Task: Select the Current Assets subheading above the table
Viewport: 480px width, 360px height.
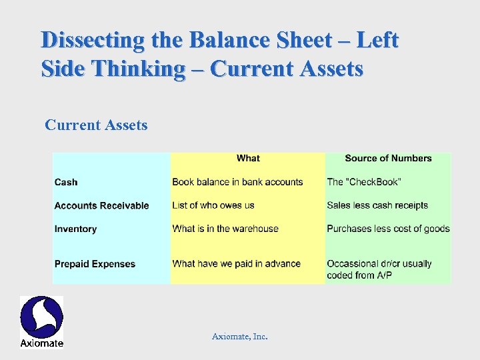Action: (96, 125)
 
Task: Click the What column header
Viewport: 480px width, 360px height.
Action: (248, 158)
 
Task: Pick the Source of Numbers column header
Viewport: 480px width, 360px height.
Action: (388, 158)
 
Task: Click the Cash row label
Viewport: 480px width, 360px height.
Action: (66, 182)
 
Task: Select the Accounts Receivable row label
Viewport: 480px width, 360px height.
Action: (101, 205)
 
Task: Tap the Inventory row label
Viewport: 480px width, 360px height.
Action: (75, 229)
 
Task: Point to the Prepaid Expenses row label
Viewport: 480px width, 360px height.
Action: (95, 264)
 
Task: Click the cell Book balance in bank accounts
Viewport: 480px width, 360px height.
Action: (237, 182)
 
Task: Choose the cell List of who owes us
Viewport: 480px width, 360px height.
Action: (213, 205)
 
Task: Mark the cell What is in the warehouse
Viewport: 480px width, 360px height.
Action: (225, 229)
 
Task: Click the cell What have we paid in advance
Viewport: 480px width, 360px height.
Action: (236, 264)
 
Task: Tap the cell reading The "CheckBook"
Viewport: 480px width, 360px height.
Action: (364, 182)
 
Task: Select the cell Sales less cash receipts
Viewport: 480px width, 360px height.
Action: (377, 205)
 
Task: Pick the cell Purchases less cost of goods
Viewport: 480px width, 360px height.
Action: (388, 229)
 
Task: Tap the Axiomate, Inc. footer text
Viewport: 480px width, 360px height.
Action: (240, 337)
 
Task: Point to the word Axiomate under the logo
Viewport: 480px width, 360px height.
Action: (41, 343)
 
